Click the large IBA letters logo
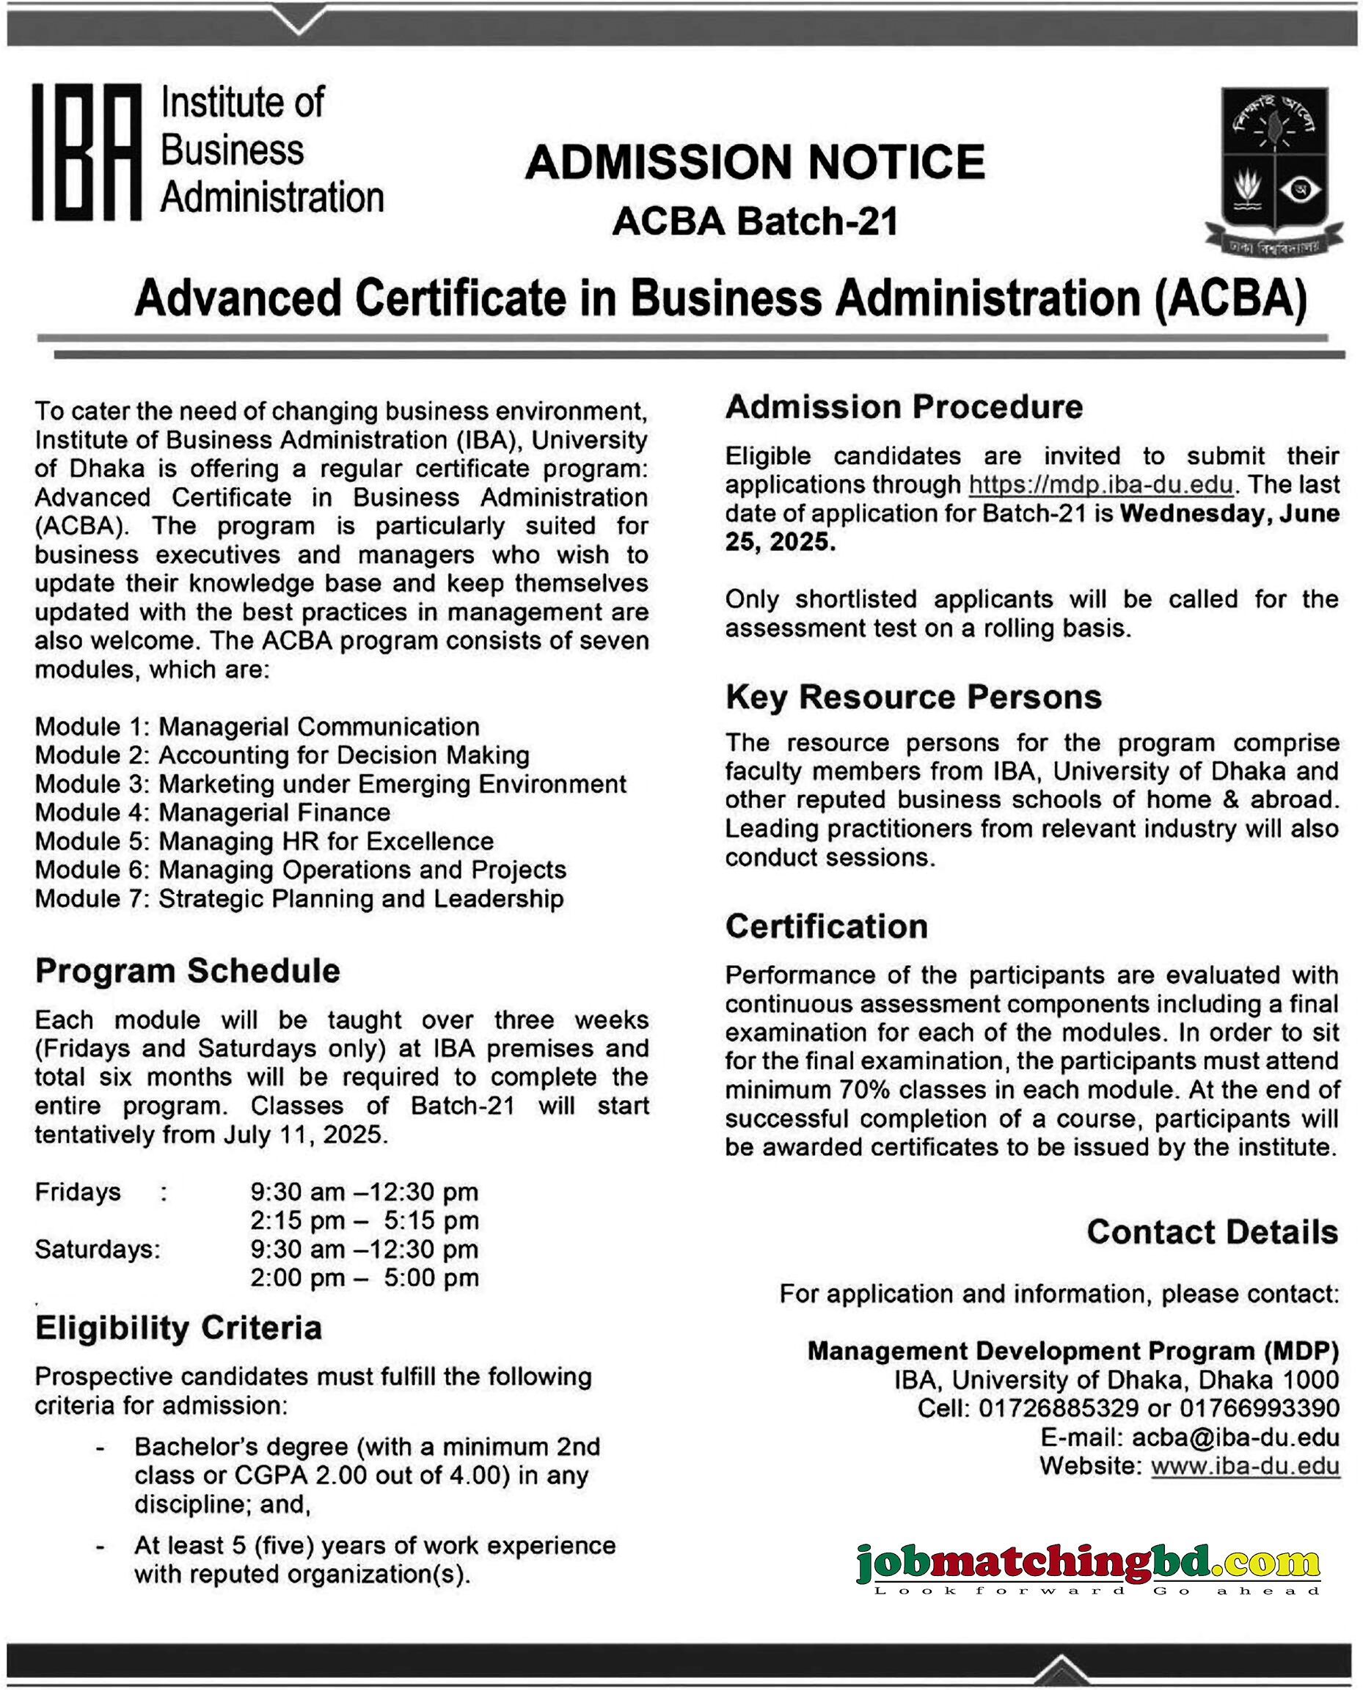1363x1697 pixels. (87, 151)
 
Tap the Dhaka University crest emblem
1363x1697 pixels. (1274, 169)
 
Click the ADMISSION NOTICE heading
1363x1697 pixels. (754, 162)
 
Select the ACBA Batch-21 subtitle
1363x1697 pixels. (754, 221)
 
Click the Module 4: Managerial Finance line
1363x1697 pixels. (213, 813)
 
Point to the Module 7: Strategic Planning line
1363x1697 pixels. (299, 899)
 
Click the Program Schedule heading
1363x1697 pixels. (187, 970)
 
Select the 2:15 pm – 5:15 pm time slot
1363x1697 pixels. (364, 1220)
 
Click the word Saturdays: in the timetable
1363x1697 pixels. (97, 1249)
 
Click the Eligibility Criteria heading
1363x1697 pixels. (179, 1328)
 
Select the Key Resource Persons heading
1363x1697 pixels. (913, 697)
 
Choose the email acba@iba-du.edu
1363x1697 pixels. (1235, 1437)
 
